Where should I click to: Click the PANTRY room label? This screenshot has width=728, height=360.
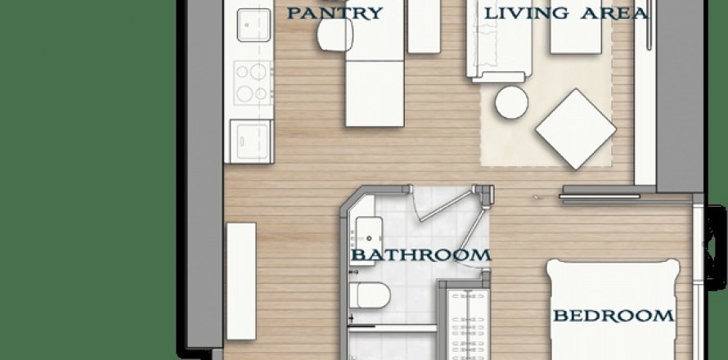[335, 13]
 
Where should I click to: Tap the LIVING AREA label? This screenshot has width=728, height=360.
[566, 13]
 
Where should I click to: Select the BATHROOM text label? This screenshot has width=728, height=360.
[420, 255]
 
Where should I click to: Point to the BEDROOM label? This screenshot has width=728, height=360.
[613, 316]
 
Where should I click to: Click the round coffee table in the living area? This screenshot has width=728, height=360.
[511, 102]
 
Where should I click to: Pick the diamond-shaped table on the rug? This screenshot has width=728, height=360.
[576, 128]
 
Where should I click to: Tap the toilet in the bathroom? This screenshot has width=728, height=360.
[370, 295]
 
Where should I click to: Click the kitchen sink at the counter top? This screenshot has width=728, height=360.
[254, 25]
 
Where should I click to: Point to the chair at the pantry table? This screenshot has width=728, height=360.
[335, 35]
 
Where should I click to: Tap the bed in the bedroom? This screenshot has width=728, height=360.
[613, 310]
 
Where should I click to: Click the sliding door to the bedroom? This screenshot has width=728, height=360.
[600, 196]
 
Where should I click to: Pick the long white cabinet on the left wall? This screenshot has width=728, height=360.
[241, 281]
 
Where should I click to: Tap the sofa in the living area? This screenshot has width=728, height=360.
[499, 42]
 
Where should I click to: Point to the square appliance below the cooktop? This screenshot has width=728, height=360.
[251, 142]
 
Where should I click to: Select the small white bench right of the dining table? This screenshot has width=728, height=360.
[424, 27]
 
